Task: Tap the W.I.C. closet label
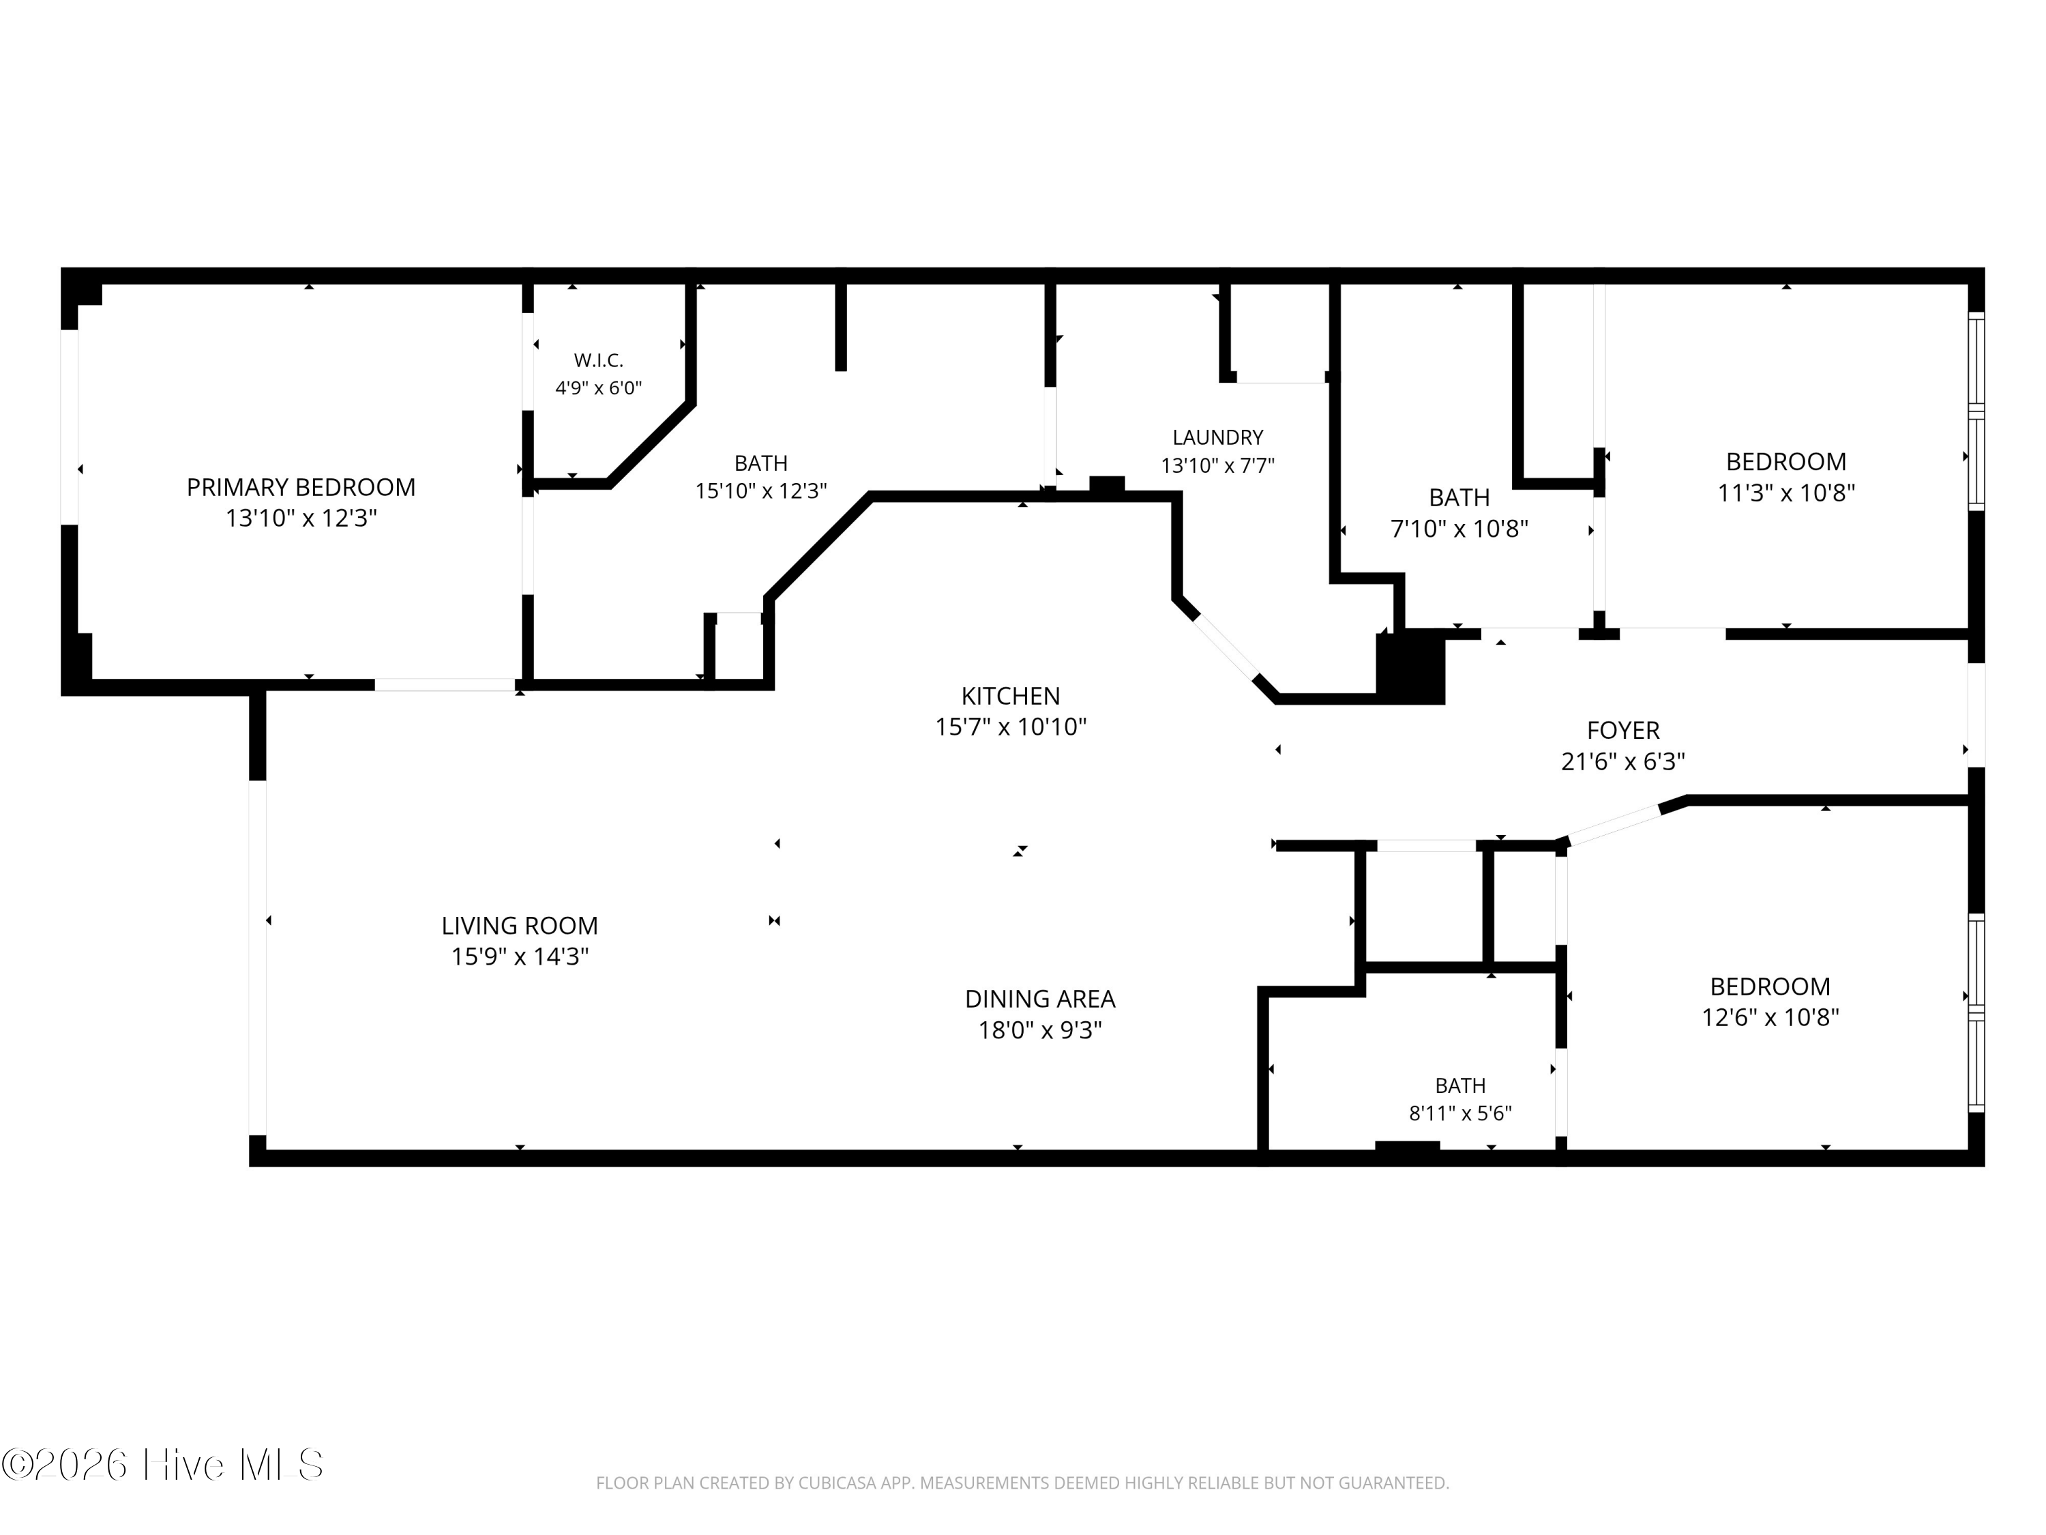(x=598, y=360)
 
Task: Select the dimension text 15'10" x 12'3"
(x=761, y=491)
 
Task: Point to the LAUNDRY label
(x=1217, y=437)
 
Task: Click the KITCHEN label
(x=1010, y=696)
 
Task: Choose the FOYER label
(x=1623, y=730)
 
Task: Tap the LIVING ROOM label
(x=520, y=925)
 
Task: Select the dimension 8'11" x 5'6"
(x=1461, y=1113)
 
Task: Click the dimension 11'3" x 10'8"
(x=1786, y=493)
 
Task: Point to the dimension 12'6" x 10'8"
(x=1770, y=1018)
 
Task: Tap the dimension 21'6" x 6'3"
(x=1623, y=761)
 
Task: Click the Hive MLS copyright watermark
(x=163, y=1465)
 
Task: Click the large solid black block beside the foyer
(x=1410, y=666)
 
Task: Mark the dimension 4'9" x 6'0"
(x=598, y=388)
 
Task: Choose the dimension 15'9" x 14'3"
(x=520, y=956)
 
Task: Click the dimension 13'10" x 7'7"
(x=1217, y=465)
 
